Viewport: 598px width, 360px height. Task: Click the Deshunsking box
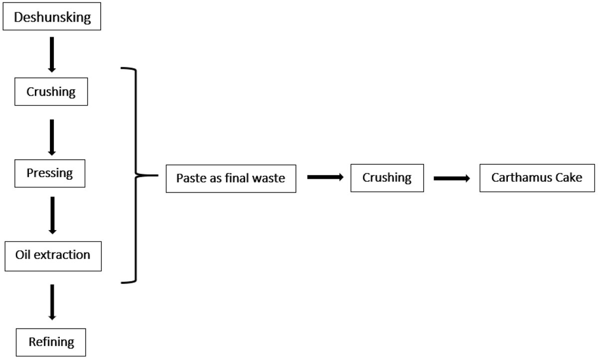[52, 16]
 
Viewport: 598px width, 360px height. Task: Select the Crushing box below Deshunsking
[51, 92]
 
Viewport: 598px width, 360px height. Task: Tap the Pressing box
[50, 173]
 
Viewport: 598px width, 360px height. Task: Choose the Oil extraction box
[53, 256]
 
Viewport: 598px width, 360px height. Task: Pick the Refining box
[51, 342]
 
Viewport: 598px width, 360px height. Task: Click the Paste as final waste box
[231, 178]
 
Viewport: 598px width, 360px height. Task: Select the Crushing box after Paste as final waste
[387, 178]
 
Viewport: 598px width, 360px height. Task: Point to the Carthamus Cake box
[537, 178]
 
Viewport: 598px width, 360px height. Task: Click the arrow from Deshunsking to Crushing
[52, 55]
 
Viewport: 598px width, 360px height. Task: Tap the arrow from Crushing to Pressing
[52, 137]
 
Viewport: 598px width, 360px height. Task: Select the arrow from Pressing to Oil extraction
[53, 216]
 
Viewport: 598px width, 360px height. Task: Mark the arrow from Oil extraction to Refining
[52, 302]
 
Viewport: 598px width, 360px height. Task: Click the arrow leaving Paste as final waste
[325, 177]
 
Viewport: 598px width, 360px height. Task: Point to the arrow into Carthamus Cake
[451, 178]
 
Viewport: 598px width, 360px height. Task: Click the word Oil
[23, 254]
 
